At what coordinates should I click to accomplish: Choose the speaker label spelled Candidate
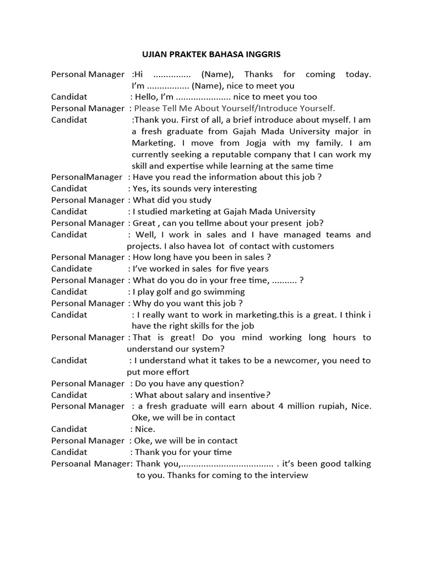click(x=72, y=269)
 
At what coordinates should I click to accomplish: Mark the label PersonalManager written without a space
click(x=86, y=177)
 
